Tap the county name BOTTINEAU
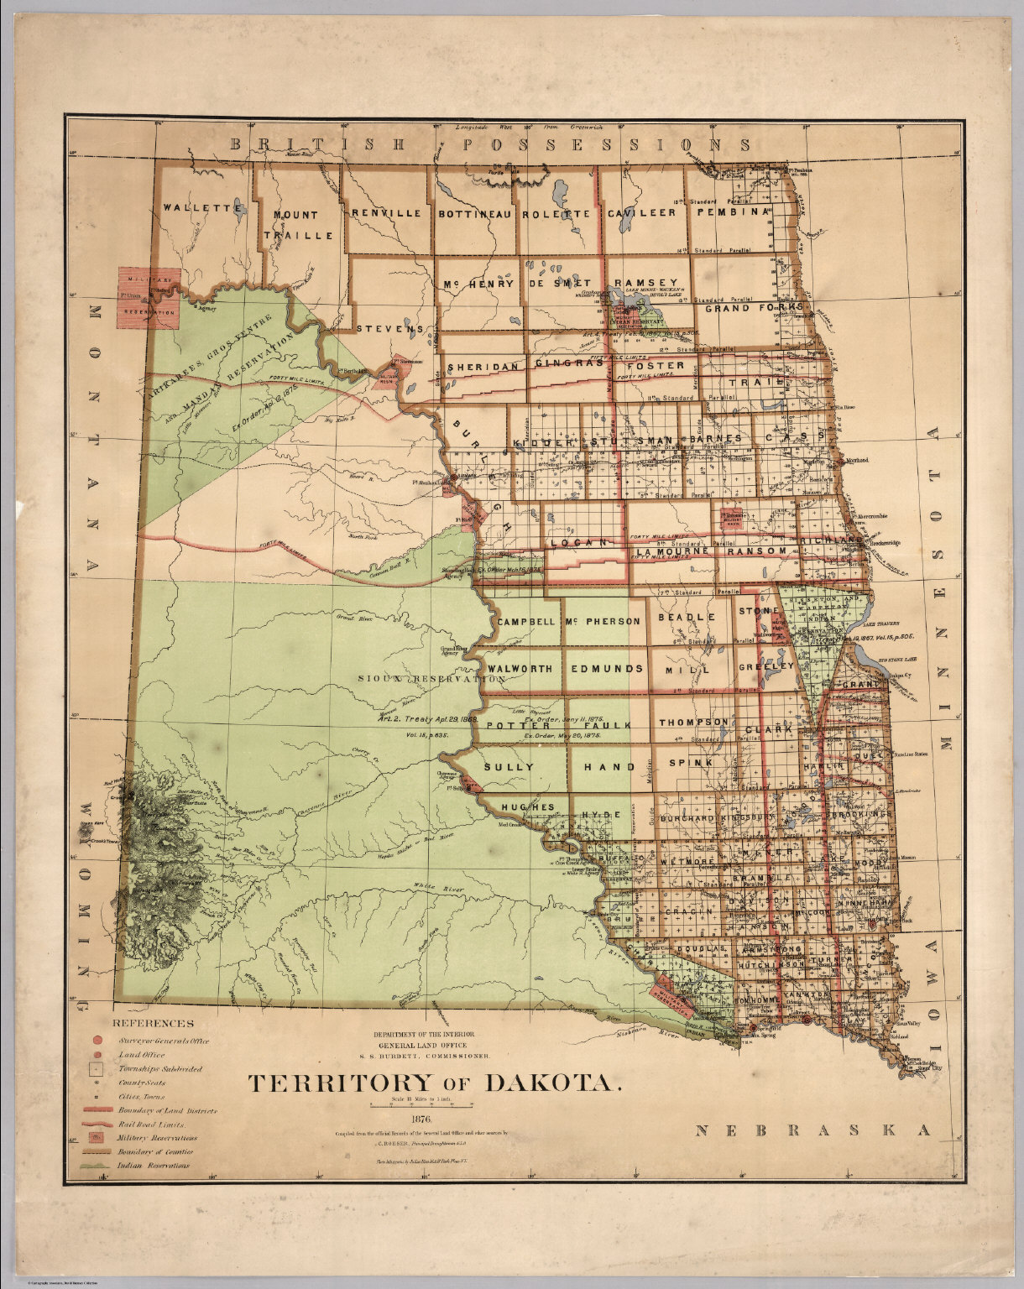tap(474, 214)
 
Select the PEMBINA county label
tap(730, 212)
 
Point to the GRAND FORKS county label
tap(753, 308)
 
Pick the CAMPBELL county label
tap(526, 622)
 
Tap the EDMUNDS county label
tap(607, 669)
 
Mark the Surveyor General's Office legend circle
tap(97, 1041)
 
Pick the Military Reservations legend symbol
tap(97, 1137)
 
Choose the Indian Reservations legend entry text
tap(154, 1165)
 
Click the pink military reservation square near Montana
tap(148, 299)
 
